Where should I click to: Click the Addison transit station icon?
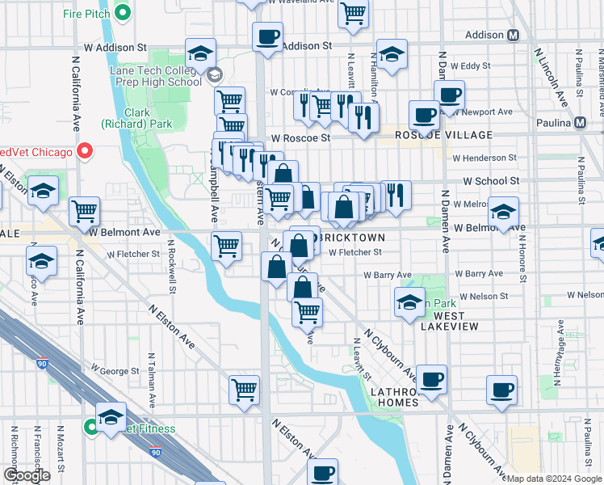click(x=512, y=36)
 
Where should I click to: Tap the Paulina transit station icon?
click(x=579, y=123)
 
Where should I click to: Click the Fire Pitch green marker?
click(x=123, y=12)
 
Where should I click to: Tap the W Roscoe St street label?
click(x=300, y=138)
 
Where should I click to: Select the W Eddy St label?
click(x=471, y=65)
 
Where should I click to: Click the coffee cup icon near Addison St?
click(x=267, y=36)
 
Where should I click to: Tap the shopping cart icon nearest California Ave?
click(x=84, y=211)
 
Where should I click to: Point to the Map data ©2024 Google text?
click(x=553, y=479)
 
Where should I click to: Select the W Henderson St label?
click(x=484, y=158)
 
